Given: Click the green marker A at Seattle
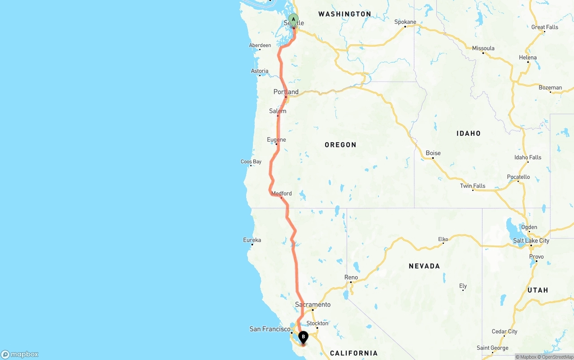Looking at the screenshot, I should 293,19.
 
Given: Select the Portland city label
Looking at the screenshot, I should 286,92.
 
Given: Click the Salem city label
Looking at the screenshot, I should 278,111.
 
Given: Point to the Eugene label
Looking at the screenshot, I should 276,140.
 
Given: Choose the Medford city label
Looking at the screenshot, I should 282,194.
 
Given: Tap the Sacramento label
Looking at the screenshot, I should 313,305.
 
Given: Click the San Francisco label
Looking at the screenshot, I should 270,329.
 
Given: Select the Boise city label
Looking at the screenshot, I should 433,153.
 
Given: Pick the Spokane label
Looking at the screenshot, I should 405,22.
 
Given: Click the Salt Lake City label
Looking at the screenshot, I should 531,241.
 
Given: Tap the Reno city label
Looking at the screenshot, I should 351,278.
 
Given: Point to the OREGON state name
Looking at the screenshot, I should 340,145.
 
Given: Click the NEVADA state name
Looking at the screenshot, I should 424,266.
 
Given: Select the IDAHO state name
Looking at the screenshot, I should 468,134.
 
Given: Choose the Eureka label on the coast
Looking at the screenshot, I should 252,240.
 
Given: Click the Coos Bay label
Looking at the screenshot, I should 251,162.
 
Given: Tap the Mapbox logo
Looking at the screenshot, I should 20,355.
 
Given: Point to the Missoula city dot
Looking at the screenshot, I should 483,53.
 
